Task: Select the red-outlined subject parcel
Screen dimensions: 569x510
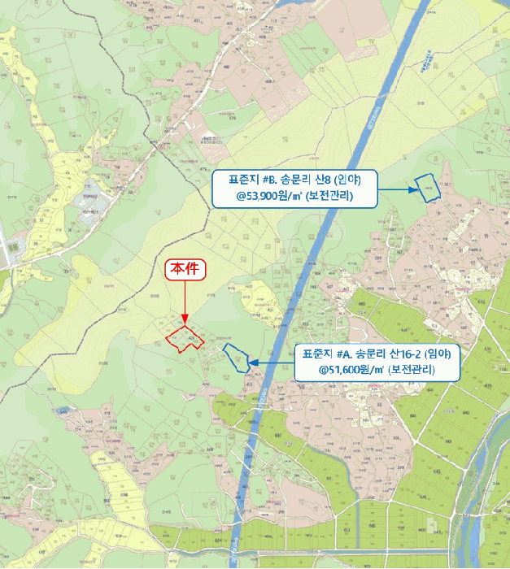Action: (185, 339)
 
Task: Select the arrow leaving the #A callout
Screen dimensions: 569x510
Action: (270, 362)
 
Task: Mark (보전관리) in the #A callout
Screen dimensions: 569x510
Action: (412, 369)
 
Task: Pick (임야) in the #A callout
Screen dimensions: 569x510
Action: (438, 354)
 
